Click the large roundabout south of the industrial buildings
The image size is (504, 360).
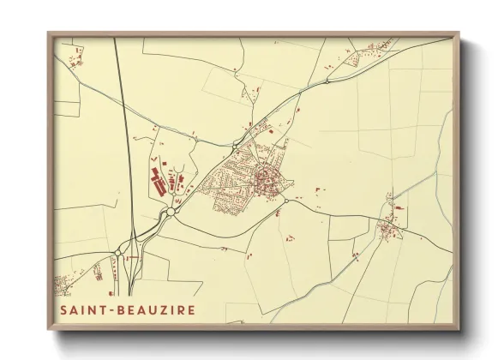171,211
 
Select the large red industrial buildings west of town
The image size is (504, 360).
158,181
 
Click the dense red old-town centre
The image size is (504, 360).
263,179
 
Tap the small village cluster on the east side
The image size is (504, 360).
387,227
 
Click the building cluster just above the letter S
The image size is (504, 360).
64,285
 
